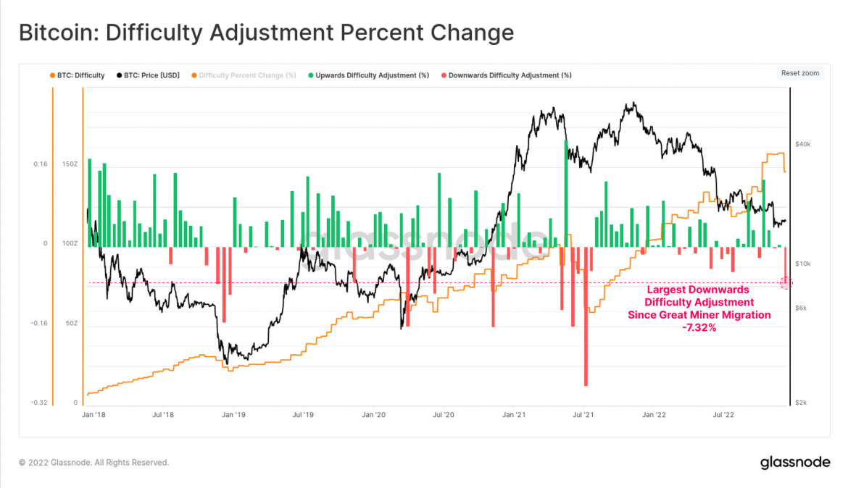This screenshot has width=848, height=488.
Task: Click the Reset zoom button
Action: tap(800, 73)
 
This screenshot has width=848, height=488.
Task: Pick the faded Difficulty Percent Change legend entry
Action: tap(246, 75)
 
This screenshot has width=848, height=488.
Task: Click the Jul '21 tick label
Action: tap(583, 415)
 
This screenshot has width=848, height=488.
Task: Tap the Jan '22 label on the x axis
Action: tap(654, 415)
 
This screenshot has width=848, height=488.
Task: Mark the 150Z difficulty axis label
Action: tap(70, 164)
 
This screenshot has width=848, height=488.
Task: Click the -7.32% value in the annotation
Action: tap(699, 328)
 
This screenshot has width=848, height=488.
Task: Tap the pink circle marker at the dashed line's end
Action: tap(786, 283)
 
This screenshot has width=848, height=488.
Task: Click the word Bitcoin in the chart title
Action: tap(49, 33)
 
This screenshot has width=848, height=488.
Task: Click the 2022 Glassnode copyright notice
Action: tap(94, 462)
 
